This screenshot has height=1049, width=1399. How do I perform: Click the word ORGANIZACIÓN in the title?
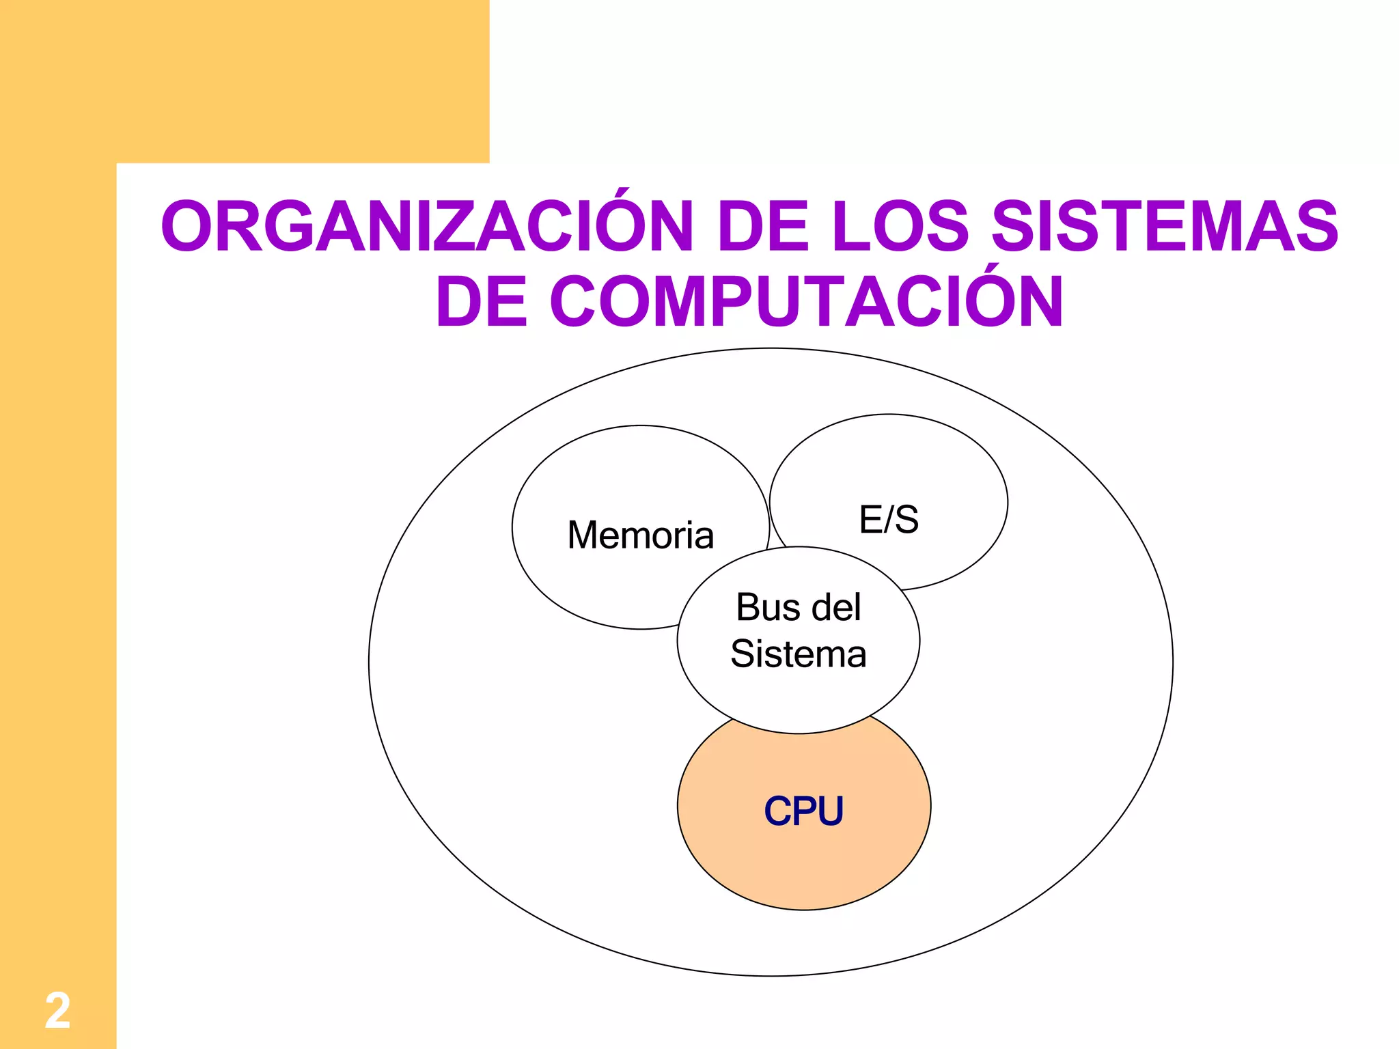click(427, 226)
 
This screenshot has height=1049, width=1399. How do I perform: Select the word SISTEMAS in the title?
click(1164, 226)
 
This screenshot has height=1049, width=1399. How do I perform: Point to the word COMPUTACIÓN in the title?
click(806, 301)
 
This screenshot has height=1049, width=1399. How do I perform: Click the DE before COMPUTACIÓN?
click(482, 301)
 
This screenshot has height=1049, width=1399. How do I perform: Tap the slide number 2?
click(57, 1011)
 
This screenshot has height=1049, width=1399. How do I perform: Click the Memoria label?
click(640, 535)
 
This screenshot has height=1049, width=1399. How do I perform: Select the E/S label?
click(889, 519)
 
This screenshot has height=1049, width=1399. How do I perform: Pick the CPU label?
click(803, 811)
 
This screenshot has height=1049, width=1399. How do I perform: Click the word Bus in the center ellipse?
click(760, 607)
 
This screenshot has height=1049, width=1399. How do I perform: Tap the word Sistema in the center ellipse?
click(799, 654)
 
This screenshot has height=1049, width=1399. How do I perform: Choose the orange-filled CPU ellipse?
click(751, 861)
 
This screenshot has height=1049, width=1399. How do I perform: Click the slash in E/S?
click(889, 519)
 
